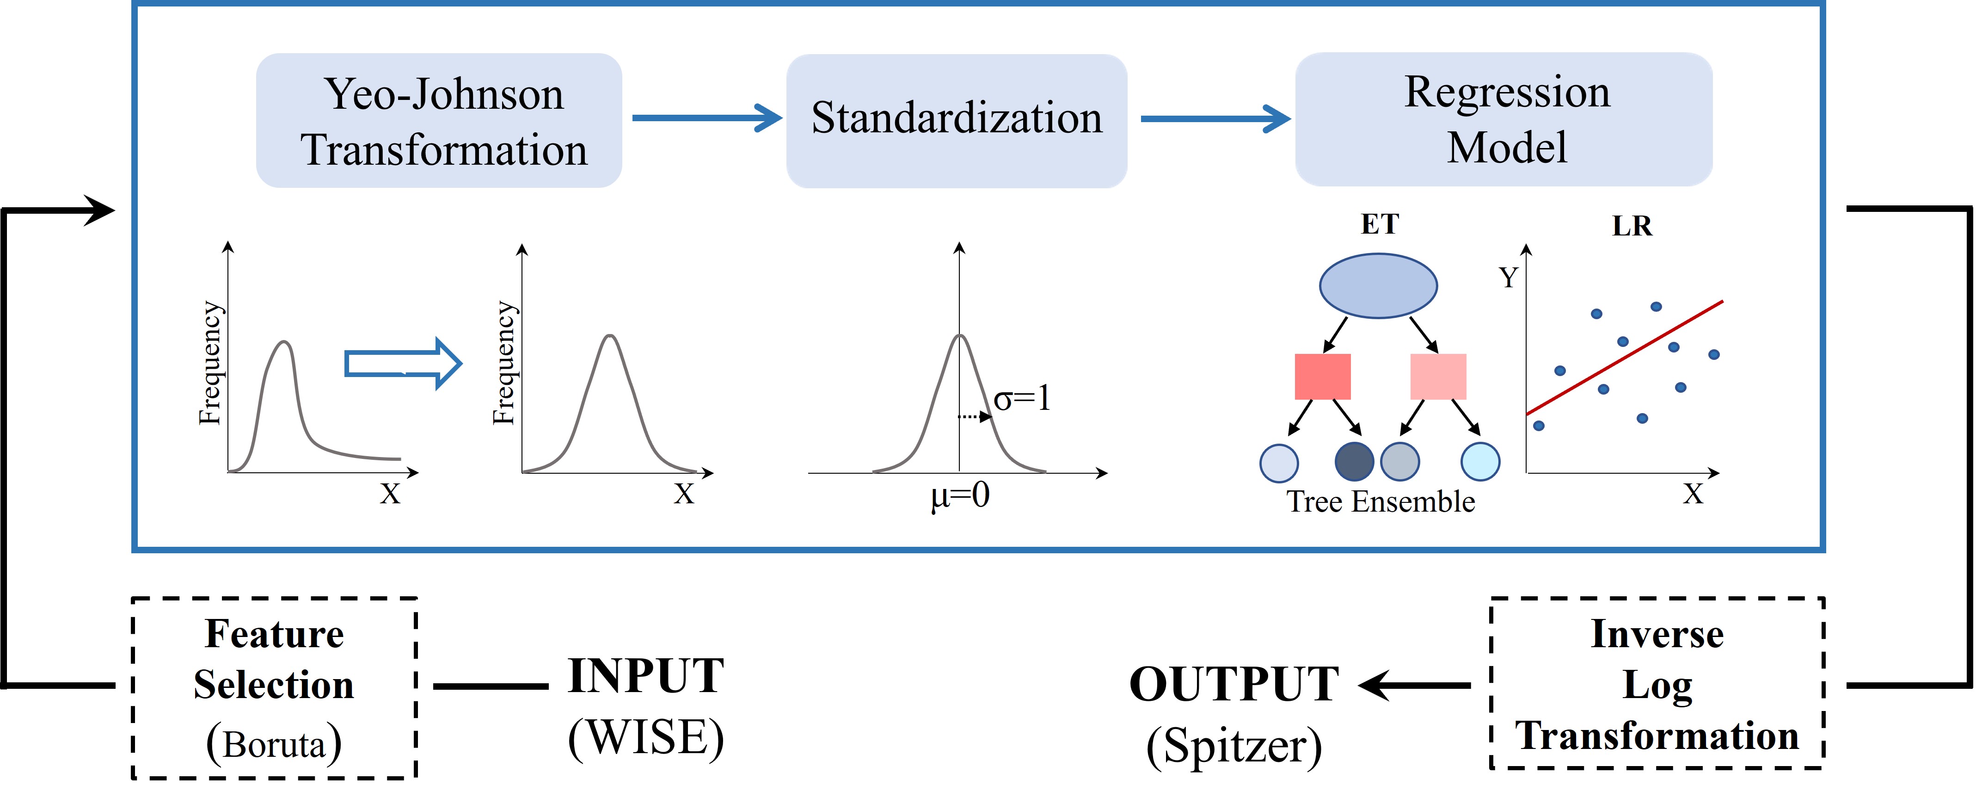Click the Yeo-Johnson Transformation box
[x=439, y=120]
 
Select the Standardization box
[x=957, y=120]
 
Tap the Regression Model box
[x=1503, y=119]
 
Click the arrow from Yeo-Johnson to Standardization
[x=706, y=118]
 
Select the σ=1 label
[x=1023, y=399]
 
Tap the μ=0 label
[x=960, y=495]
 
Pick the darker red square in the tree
[x=1322, y=376]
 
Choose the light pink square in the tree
[x=1438, y=376]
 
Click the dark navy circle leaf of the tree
[x=1354, y=462]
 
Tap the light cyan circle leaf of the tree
[x=1480, y=462]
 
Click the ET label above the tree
[x=1379, y=224]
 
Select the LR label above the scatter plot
[x=1632, y=226]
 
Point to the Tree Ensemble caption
[x=1381, y=502]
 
